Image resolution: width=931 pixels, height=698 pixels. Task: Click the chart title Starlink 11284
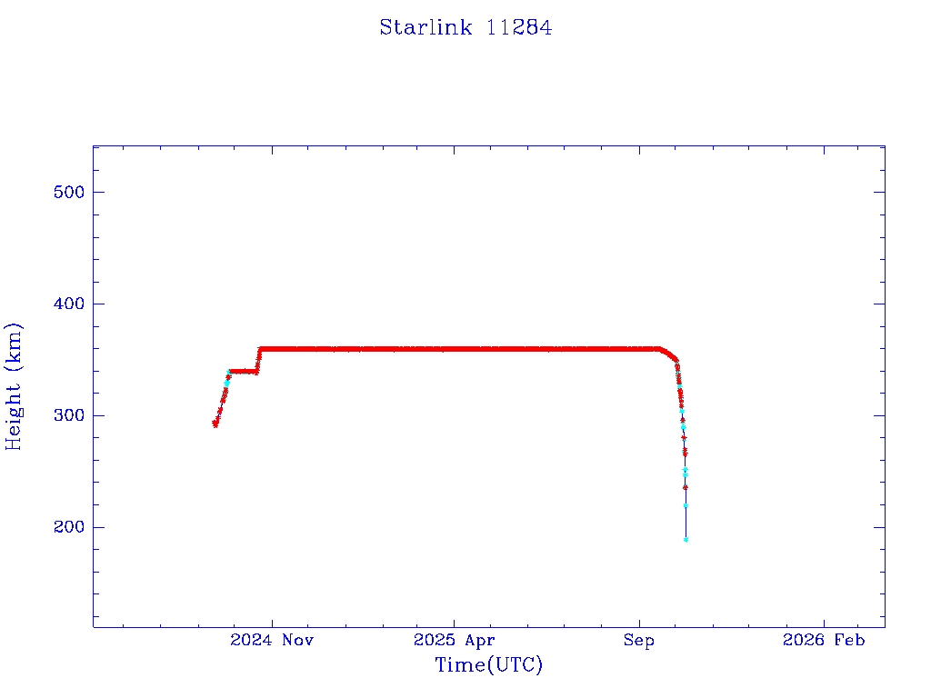point(465,28)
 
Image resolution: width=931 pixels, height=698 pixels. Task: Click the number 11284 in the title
point(519,28)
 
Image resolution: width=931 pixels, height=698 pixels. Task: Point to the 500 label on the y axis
point(67,192)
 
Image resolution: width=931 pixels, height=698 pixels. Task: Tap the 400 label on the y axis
point(67,304)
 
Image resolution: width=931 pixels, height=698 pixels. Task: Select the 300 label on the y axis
point(67,415)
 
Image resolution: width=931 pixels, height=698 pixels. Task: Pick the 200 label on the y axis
point(67,527)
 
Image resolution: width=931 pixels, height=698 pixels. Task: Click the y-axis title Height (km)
point(14,386)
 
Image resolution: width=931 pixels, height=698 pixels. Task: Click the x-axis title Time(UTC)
point(489,665)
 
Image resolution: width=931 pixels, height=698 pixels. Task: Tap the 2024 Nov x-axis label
point(272,641)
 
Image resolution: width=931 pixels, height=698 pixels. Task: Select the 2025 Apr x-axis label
point(455,641)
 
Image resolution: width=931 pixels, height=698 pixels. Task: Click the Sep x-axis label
point(638,641)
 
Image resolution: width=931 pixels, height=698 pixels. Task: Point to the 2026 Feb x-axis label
point(824,641)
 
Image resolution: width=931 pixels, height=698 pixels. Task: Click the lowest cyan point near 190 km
point(686,540)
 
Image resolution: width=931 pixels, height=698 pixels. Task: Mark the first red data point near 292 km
point(215,424)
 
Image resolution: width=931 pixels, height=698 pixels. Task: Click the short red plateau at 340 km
point(243,371)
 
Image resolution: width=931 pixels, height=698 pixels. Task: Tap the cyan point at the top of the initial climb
point(229,372)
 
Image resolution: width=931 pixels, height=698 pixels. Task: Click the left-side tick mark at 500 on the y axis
point(98,192)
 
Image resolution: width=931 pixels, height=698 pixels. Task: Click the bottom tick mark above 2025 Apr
point(455,622)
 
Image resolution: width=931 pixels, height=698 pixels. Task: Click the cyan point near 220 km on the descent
point(686,505)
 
